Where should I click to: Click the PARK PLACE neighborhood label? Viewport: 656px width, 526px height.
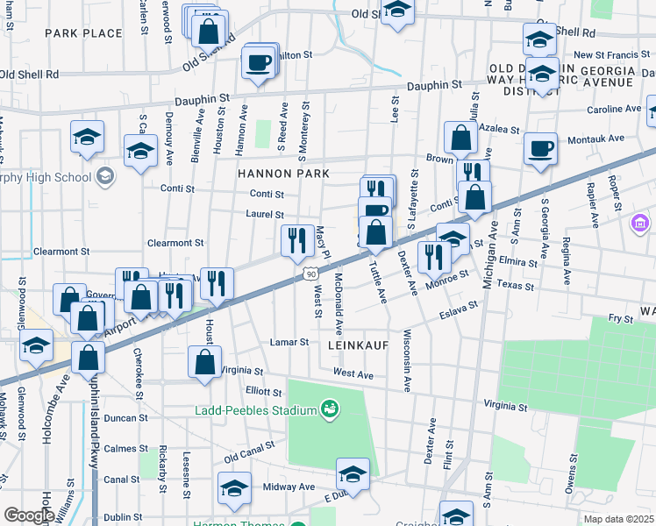coord(83,33)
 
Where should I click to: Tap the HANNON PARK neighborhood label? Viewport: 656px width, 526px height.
coord(283,174)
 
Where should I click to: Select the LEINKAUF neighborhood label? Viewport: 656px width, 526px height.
coord(358,346)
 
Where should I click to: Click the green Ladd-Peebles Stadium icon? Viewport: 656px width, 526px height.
coord(331,409)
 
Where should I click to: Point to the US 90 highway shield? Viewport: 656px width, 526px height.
coord(311,274)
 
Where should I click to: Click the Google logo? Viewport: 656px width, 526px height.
coord(29,515)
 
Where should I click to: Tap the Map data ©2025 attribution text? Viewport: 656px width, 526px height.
coord(618,519)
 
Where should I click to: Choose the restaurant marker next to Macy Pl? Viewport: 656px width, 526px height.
coord(297,238)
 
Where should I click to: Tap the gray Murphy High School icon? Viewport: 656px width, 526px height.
coord(105,177)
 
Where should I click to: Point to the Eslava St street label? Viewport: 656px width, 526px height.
coord(458,310)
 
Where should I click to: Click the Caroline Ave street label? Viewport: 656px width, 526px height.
coord(614,110)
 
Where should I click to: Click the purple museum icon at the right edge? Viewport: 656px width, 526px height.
coord(638,225)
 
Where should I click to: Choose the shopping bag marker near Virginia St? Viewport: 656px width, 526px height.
coord(204,361)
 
